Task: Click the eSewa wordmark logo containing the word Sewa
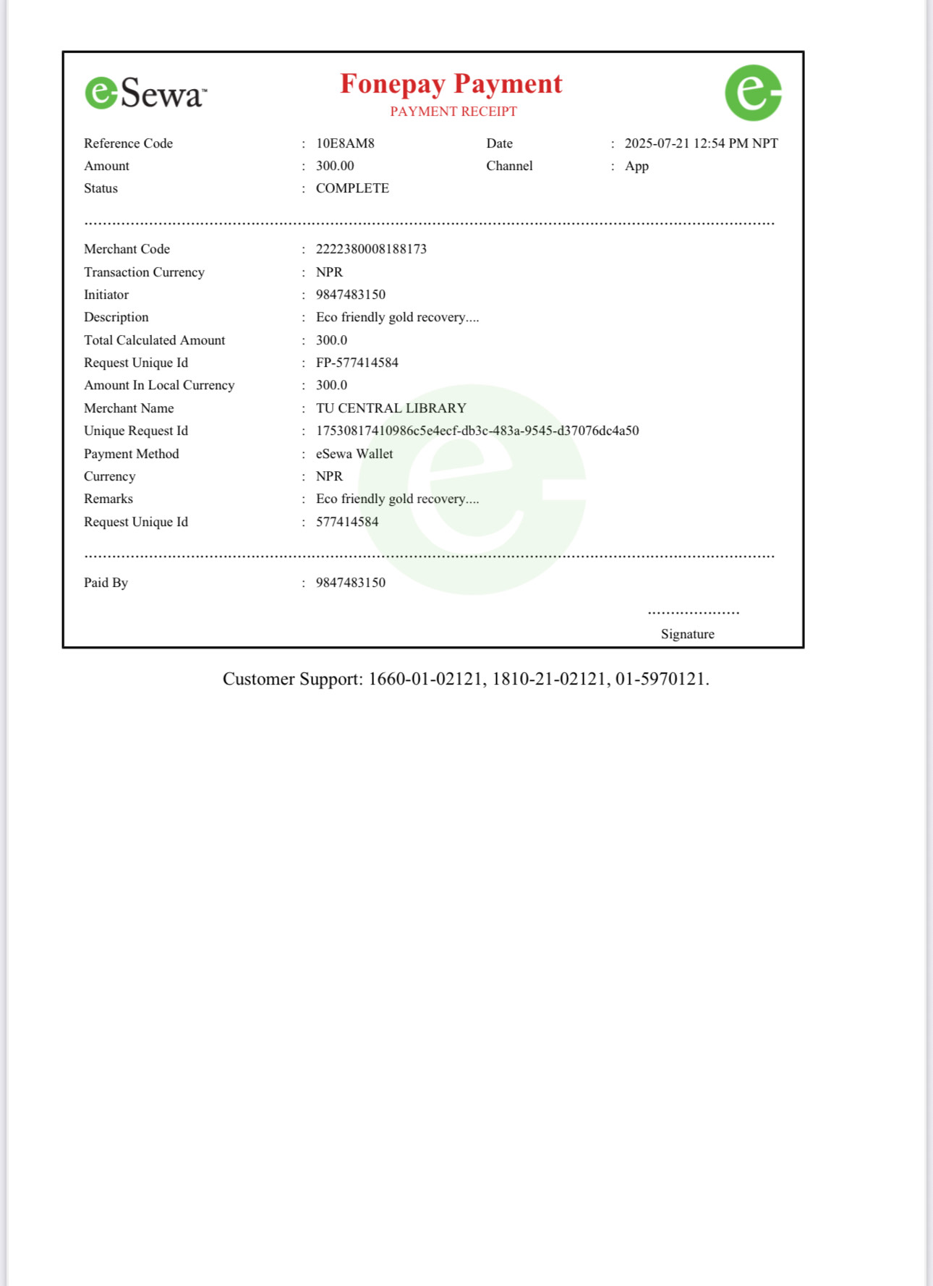[x=146, y=93]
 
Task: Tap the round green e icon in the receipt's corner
[x=753, y=93]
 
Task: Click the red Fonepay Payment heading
[x=451, y=84]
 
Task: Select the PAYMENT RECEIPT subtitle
[x=453, y=111]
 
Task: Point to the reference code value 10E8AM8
[x=345, y=143]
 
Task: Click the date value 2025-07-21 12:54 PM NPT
[x=701, y=143]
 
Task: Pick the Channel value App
[x=636, y=166]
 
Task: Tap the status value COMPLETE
[x=352, y=188]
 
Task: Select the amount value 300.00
[x=335, y=166]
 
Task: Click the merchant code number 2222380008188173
[x=371, y=249]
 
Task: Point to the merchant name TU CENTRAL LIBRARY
[x=391, y=408]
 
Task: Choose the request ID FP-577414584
[x=357, y=363]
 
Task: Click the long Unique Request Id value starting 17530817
[x=477, y=431]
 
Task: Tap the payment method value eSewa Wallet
[x=354, y=454]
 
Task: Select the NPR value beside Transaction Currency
[x=329, y=272]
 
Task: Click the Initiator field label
[x=106, y=295]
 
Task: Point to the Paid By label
[x=106, y=583]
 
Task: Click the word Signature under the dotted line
[x=687, y=634]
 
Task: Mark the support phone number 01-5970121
[x=660, y=679]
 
